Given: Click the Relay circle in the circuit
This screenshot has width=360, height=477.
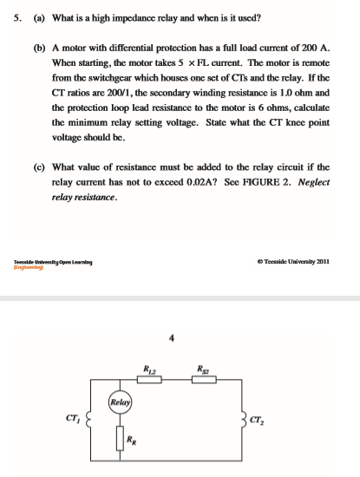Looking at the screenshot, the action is (x=121, y=402).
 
